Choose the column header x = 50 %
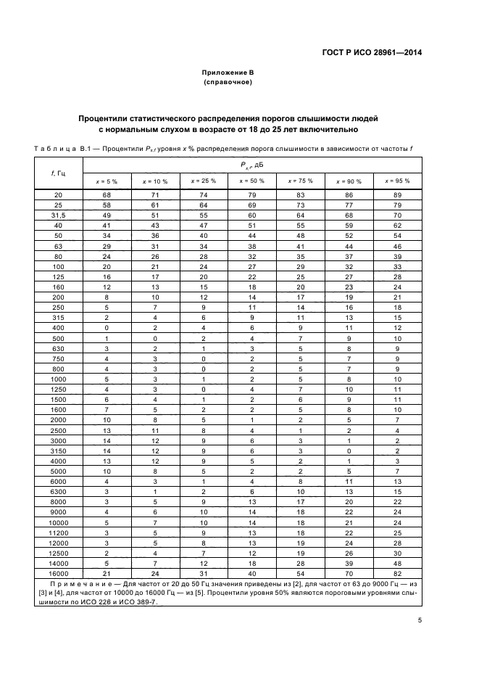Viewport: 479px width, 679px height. point(253,180)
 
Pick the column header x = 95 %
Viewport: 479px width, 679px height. point(397,180)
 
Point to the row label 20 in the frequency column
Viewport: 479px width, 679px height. point(59,195)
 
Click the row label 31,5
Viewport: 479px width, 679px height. point(59,215)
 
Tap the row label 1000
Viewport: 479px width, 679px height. point(59,378)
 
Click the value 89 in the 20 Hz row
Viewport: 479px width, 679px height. point(397,195)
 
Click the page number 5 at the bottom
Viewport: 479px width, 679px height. point(420,620)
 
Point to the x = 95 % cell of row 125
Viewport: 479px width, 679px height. point(397,276)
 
